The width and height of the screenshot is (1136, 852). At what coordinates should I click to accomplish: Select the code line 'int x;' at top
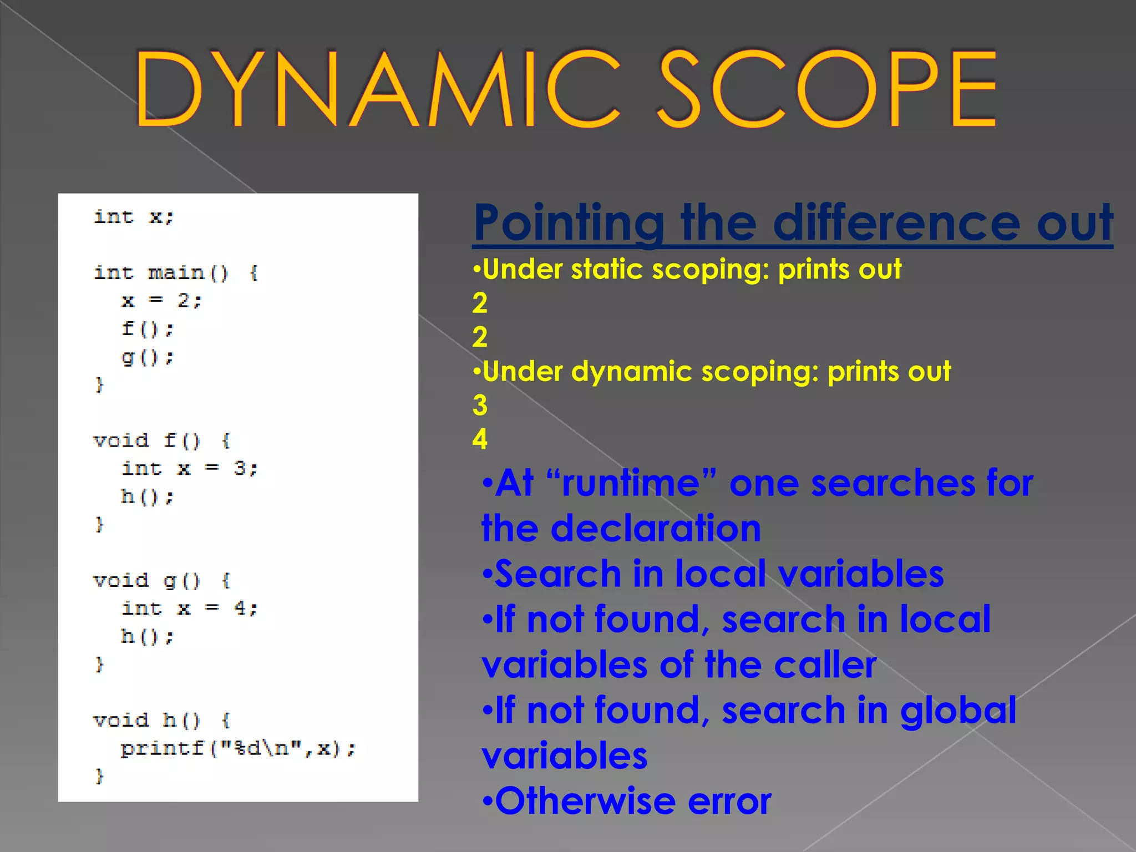pyautogui.click(x=134, y=217)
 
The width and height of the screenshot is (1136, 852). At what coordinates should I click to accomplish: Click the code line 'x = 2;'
pyautogui.click(x=161, y=301)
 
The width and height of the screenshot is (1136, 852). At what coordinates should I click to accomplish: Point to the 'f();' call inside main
pyautogui.click(x=148, y=329)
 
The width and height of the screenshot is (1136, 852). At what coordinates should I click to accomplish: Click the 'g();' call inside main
pyautogui.click(x=148, y=357)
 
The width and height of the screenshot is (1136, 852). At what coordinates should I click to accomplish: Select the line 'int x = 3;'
pyautogui.click(x=189, y=469)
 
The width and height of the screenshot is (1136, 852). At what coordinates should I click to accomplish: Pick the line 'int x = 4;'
pyautogui.click(x=189, y=608)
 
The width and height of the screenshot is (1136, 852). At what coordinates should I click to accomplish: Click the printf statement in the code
pyautogui.click(x=237, y=748)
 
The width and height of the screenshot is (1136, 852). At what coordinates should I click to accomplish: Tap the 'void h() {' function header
pyautogui.click(x=161, y=720)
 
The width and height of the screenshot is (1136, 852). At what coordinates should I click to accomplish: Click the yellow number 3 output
pyautogui.click(x=480, y=405)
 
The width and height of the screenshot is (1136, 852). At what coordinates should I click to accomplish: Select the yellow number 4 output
pyautogui.click(x=480, y=439)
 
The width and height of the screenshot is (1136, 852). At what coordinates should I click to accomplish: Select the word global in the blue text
pyautogui.click(x=958, y=711)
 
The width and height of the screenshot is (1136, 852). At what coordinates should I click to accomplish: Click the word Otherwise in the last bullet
pyautogui.click(x=585, y=801)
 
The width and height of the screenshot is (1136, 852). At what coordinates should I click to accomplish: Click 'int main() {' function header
pyautogui.click(x=175, y=273)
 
